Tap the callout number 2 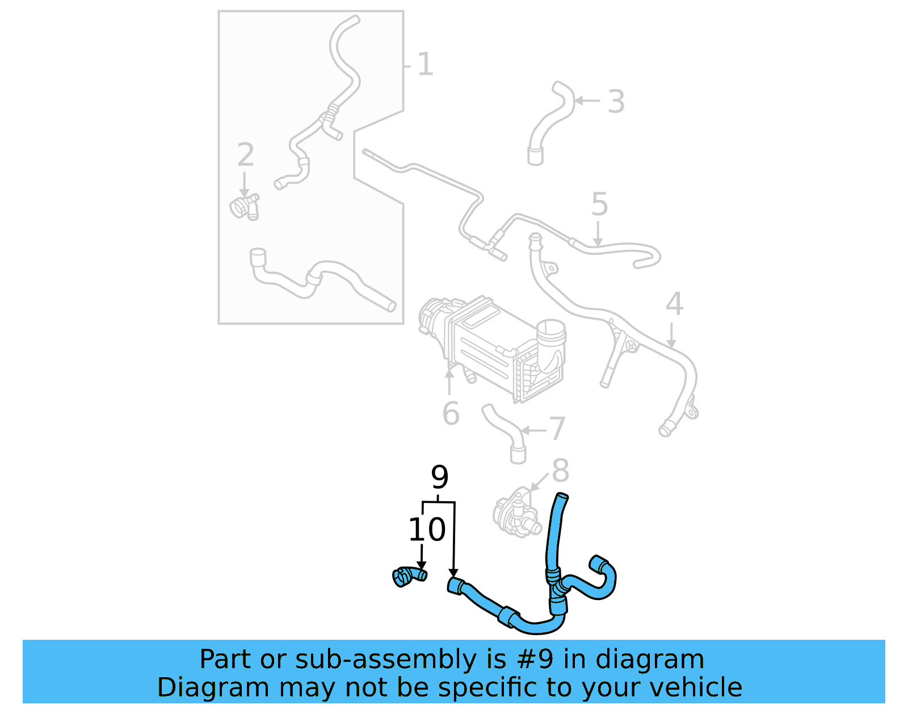click(245, 154)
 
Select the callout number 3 click(616, 102)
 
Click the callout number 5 click(599, 204)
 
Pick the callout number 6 click(451, 413)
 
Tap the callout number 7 click(557, 429)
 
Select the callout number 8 click(560, 471)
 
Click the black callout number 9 click(439, 477)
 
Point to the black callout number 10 click(427, 530)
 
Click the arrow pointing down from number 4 click(671, 335)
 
